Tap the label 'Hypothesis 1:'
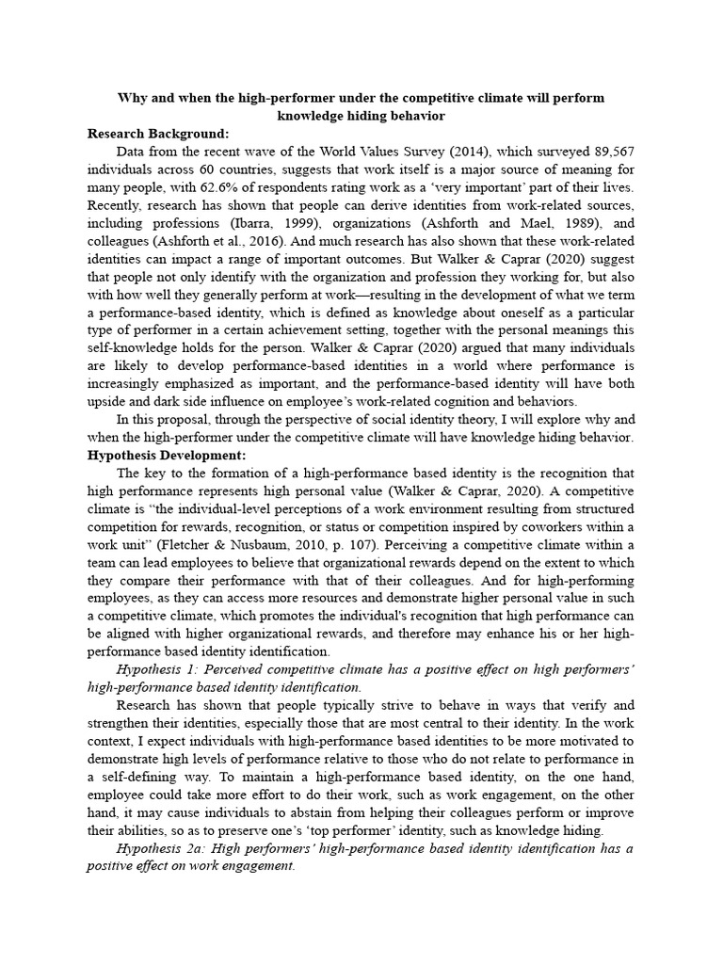point(164,669)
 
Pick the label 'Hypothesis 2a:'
point(168,848)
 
